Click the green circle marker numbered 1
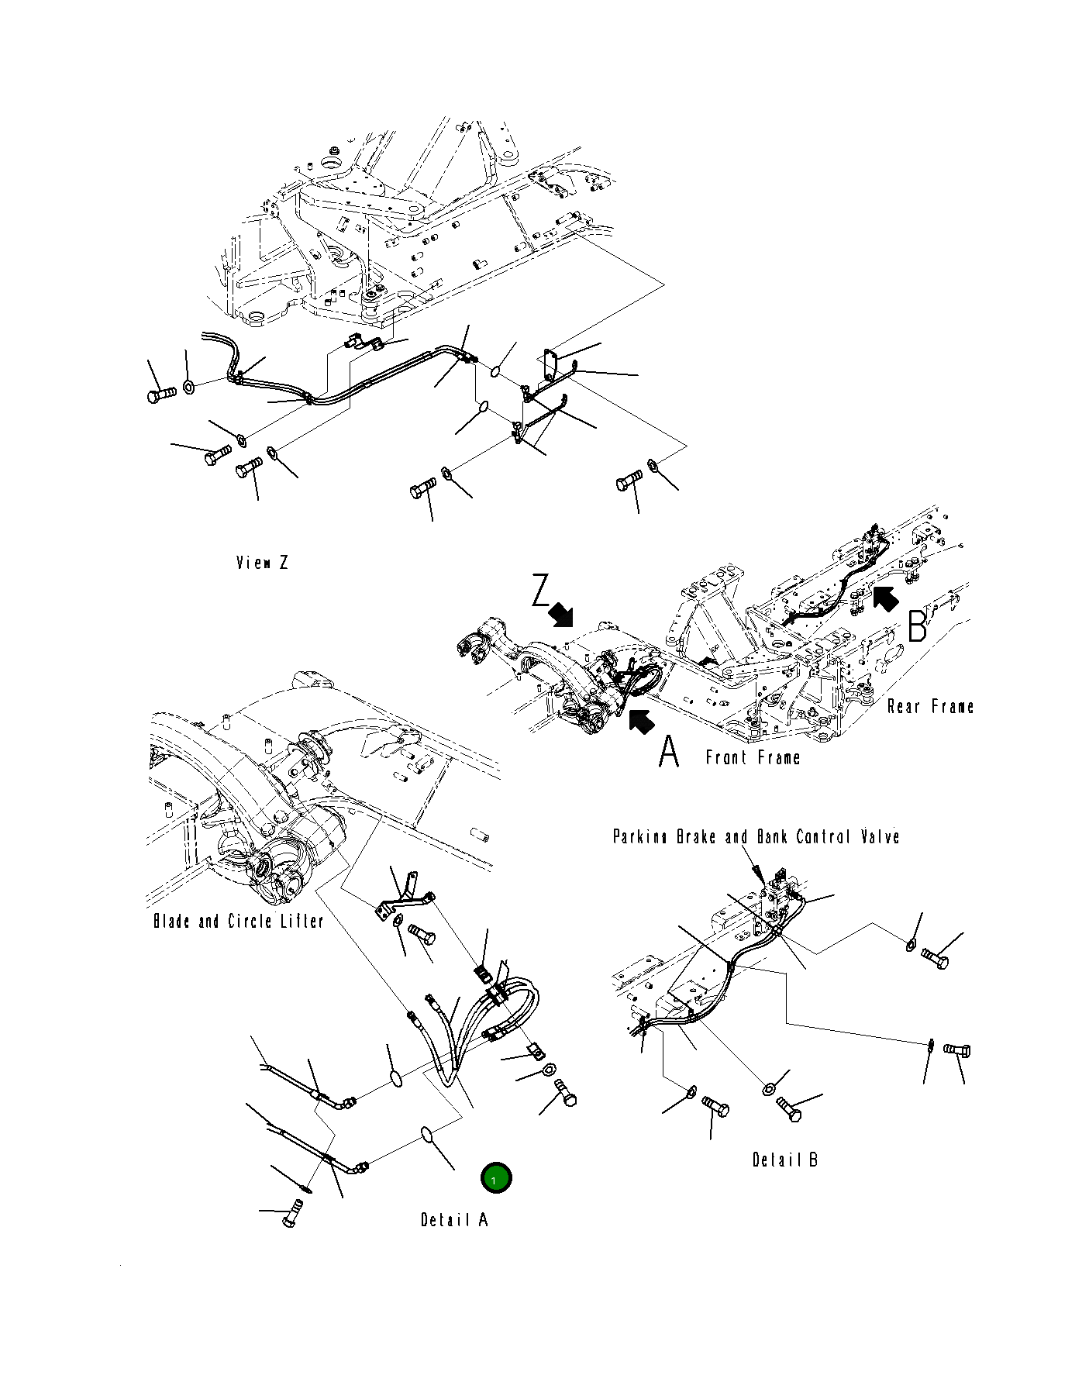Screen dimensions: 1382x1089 pyautogui.click(x=495, y=1179)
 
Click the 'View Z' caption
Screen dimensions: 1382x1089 pyautogui.click(x=262, y=563)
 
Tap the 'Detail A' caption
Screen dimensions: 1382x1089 pyautogui.click(x=454, y=1220)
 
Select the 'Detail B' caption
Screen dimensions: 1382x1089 pyautogui.click(x=784, y=1160)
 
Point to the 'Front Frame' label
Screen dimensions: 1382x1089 pyautogui.click(x=753, y=757)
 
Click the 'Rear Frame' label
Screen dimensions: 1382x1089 pyautogui.click(x=930, y=707)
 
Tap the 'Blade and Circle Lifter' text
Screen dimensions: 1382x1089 pyautogui.click(x=238, y=922)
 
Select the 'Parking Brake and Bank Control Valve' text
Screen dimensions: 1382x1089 pyautogui.click(x=756, y=837)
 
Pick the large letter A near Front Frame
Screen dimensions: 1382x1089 pyautogui.click(x=669, y=752)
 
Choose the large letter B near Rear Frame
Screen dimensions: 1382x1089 pyautogui.click(x=917, y=626)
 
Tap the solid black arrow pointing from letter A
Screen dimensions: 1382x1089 pyautogui.click(x=640, y=721)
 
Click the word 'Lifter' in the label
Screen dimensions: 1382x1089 pyautogui.click(x=298, y=922)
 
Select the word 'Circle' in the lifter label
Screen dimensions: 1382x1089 pyautogui.click(x=250, y=922)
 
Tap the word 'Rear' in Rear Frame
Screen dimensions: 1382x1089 pyautogui.click(x=904, y=707)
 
